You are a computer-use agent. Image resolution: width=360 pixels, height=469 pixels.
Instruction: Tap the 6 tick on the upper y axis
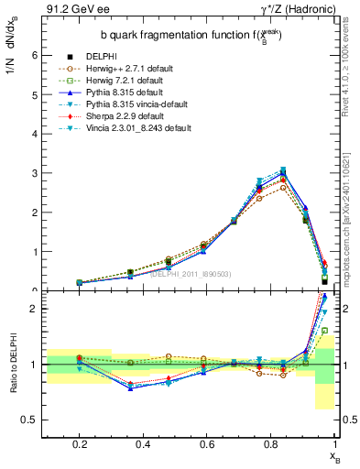pos(36,55)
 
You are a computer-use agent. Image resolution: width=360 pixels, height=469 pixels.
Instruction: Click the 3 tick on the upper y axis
pos(36,172)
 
